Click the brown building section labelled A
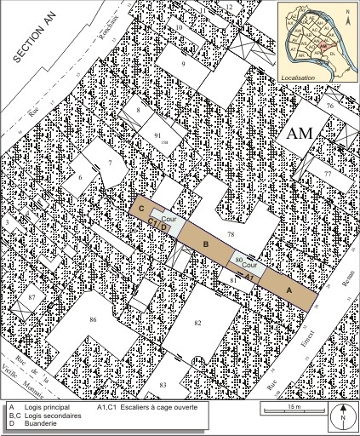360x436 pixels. click(x=289, y=290)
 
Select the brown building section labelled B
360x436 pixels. click(x=204, y=244)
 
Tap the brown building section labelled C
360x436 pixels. click(x=141, y=208)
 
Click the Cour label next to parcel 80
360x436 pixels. click(x=249, y=265)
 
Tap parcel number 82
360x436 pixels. click(x=197, y=324)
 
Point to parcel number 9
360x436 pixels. click(x=182, y=65)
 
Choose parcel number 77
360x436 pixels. click(x=327, y=173)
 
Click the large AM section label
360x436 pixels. click(x=302, y=133)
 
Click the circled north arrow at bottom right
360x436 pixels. click(x=341, y=416)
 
